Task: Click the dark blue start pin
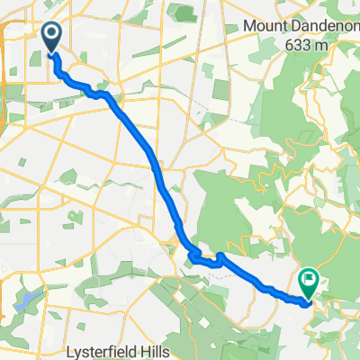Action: (x=51, y=37)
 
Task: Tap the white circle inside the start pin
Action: (x=51, y=34)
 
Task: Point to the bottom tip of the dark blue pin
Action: (x=51, y=53)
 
